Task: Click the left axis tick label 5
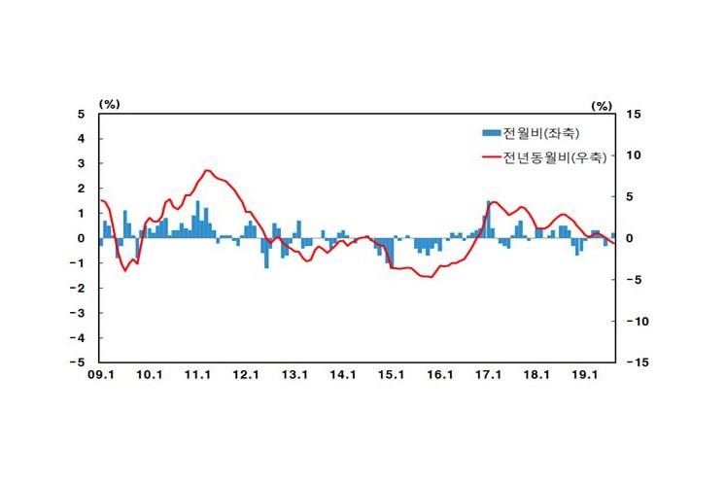click(x=83, y=115)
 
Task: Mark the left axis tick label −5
click(x=80, y=362)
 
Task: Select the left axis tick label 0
click(x=83, y=238)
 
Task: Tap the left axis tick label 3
click(x=83, y=164)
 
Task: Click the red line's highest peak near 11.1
click(x=207, y=171)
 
